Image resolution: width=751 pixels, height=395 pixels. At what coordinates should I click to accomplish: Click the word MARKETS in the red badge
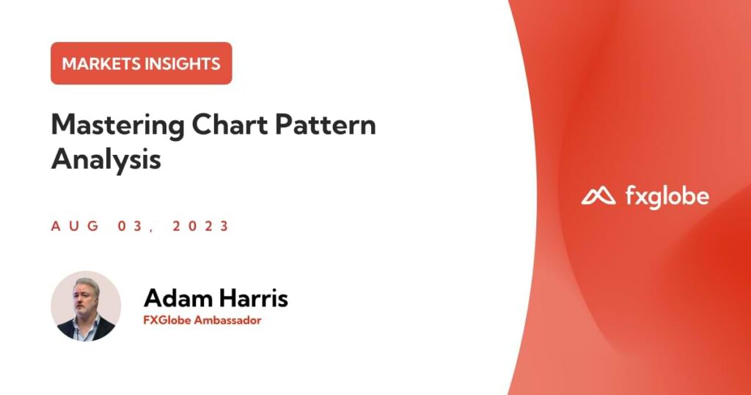(101, 64)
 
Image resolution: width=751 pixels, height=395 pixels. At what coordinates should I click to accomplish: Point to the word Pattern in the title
(325, 125)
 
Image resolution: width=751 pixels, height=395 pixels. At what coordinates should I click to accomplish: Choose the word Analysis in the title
(106, 159)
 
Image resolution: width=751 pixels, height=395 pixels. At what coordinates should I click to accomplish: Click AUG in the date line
(76, 226)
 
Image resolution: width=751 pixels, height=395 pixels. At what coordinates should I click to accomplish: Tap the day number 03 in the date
(131, 226)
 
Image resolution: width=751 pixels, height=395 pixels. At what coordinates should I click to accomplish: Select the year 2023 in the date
(201, 226)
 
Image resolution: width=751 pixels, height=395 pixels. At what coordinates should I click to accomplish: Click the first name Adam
(177, 297)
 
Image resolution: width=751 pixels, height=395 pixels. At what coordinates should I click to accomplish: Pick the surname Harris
(253, 297)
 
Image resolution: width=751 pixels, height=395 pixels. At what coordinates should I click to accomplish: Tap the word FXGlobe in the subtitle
(166, 320)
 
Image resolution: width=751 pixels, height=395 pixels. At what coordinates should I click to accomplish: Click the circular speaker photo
(87, 306)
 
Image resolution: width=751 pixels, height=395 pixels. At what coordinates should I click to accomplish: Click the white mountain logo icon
(598, 196)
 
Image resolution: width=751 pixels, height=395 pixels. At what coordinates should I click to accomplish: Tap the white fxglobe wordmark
(667, 197)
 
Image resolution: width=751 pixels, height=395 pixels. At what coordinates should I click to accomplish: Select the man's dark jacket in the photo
(87, 328)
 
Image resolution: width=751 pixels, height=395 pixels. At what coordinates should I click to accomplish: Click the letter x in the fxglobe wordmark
(643, 197)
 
